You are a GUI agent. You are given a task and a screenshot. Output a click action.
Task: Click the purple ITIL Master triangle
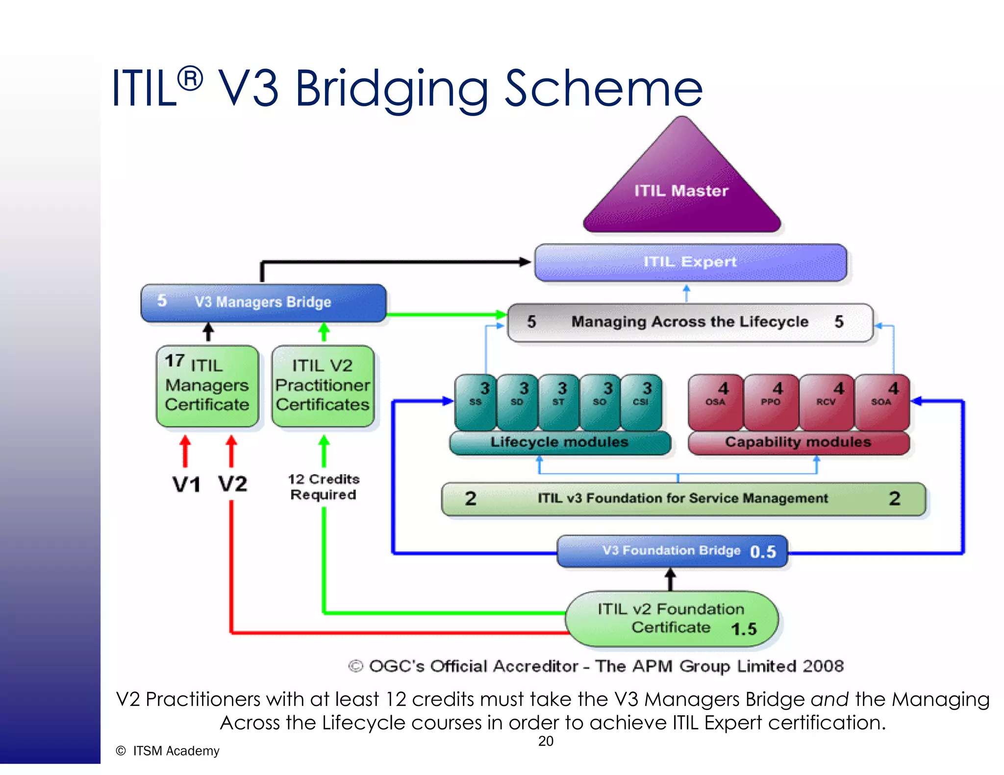[681, 191]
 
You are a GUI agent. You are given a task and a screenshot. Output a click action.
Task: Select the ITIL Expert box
[690, 262]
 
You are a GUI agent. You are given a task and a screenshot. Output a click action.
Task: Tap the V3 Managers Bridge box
[263, 302]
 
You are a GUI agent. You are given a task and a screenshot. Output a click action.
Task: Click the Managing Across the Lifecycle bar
[690, 322]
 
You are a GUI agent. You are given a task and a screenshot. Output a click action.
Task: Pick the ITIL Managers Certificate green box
[207, 386]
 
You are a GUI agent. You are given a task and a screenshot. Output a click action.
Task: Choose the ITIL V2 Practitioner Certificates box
[323, 386]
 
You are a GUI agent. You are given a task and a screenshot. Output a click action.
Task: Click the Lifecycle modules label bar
[559, 442]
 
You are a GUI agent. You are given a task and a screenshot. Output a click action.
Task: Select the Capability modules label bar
[798, 442]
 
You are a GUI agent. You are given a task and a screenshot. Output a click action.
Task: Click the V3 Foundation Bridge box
[671, 551]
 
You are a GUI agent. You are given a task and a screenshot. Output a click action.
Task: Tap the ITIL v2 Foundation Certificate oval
[671, 619]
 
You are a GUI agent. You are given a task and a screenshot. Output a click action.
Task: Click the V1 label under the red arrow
[187, 484]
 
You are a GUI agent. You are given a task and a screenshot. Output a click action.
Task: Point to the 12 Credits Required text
[323, 487]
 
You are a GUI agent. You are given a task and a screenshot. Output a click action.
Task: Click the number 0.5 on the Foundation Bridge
[763, 552]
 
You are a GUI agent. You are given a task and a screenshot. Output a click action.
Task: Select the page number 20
[546, 741]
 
